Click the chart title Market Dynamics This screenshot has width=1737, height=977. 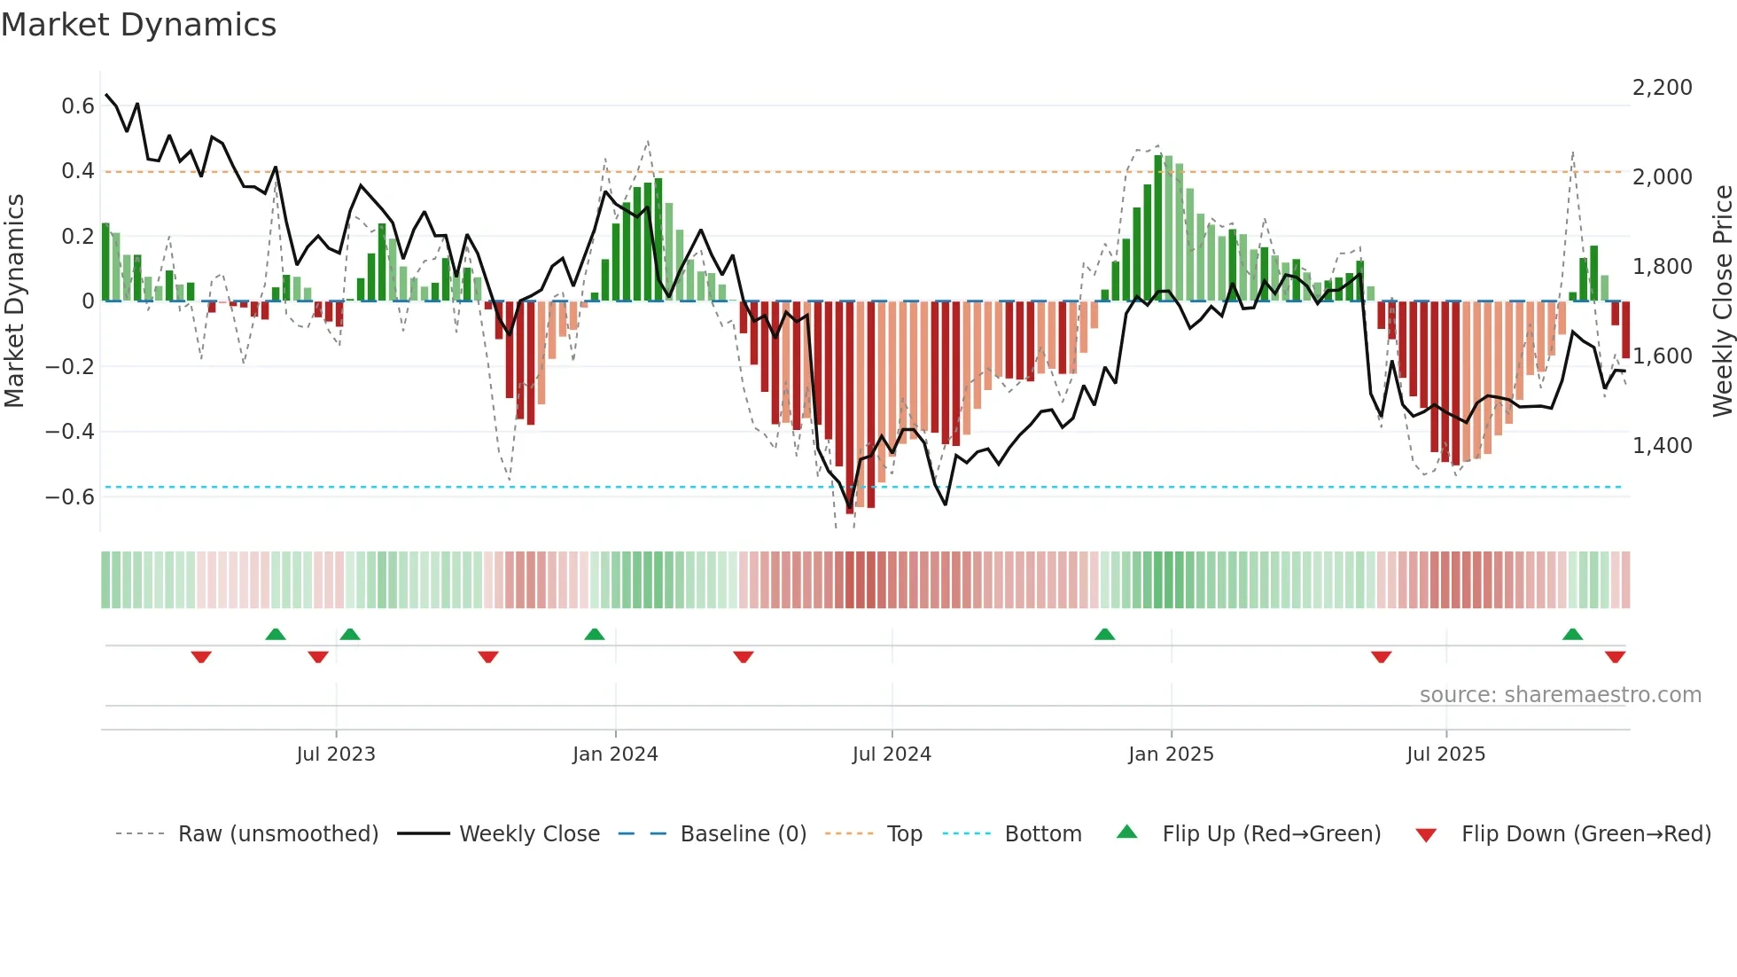(x=138, y=25)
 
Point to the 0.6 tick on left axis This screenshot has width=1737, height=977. (x=78, y=106)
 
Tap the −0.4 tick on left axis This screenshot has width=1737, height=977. (x=70, y=432)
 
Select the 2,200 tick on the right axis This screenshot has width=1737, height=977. (x=1662, y=88)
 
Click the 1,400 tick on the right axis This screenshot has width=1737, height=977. (x=1662, y=446)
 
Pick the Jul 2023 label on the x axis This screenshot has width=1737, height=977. (x=336, y=754)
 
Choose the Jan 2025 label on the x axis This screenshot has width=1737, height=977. (x=1171, y=754)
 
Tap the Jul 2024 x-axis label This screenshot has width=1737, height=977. (x=892, y=754)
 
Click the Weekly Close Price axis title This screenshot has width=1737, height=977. (x=1722, y=301)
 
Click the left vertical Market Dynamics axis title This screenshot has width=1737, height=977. (x=14, y=301)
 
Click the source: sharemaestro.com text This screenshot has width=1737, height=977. (x=1560, y=695)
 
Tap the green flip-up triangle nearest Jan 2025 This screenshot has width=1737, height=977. (x=1104, y=635)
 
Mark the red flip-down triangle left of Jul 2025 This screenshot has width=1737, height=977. (x=1381, y=657)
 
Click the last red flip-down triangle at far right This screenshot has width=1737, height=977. (x=1615, y=657)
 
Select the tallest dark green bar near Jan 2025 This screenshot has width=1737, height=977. (x=1158, y=229)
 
